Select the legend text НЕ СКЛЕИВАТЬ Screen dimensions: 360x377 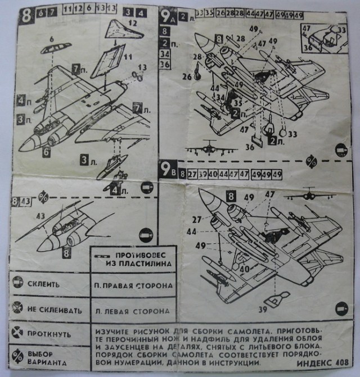54,310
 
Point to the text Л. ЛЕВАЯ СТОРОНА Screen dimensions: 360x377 130,310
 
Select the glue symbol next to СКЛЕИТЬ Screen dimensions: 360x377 17,284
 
